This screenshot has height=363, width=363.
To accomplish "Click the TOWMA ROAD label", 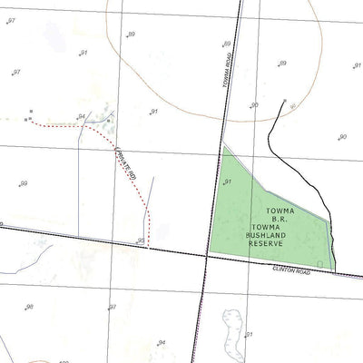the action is click(228, 69).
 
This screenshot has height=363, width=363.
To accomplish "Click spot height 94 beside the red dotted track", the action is click(82, 117).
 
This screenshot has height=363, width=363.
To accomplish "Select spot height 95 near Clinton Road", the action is click(141, 240).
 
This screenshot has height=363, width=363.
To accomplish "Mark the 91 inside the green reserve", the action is click(227, 181).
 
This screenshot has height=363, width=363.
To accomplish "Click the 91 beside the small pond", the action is click(249, 335).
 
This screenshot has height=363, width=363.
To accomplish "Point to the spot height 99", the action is click(25, 183).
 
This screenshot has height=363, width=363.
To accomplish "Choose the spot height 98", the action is click(29, 307).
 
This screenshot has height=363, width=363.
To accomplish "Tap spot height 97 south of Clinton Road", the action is click(113, 308).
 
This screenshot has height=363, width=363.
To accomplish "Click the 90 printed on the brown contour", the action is click(255, 105).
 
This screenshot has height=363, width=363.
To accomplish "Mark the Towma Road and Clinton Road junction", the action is click(206, 256).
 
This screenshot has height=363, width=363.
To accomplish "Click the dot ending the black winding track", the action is click(285, 101).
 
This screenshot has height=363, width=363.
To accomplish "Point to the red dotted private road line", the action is click(136, 186).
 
